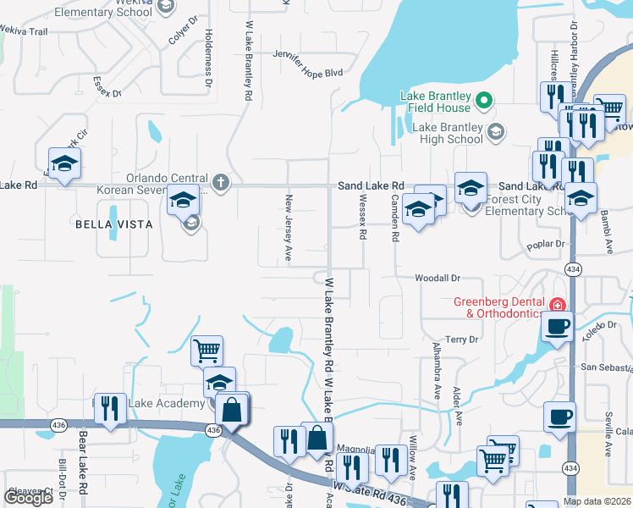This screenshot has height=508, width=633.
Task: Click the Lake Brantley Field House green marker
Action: [484, 102]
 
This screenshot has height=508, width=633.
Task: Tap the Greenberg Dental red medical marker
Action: [557, 305]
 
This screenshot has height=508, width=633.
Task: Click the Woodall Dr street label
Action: [437, 278]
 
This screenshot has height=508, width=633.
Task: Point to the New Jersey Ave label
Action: [289, 228]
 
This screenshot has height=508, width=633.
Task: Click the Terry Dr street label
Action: [462, 340]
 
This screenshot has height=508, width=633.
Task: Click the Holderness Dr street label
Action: [208, 61]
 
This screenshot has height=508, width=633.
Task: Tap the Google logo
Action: [28, 497]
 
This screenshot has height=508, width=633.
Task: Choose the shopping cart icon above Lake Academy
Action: [207, 349]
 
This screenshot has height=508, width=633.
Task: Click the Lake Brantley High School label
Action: [448, 134]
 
